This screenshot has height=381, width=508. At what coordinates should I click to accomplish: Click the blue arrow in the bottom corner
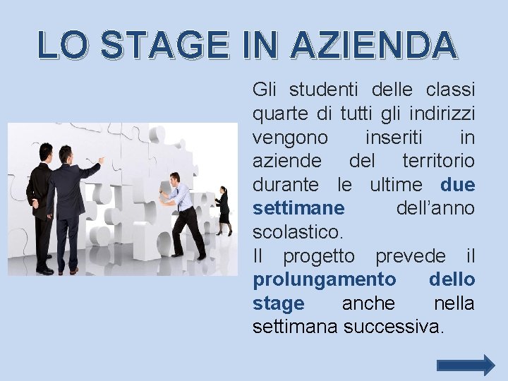click(x=466, y=365)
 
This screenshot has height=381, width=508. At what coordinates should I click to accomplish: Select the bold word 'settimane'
click(x=298, y=208)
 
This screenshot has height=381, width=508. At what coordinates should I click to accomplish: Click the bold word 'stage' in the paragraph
click(x=278, y=303)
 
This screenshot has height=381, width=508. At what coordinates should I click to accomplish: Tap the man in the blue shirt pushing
click(x=183, y=212)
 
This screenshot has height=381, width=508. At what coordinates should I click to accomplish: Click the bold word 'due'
click(x=457, y=185)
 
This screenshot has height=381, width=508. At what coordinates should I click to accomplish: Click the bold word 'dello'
click(x=452, y=280)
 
